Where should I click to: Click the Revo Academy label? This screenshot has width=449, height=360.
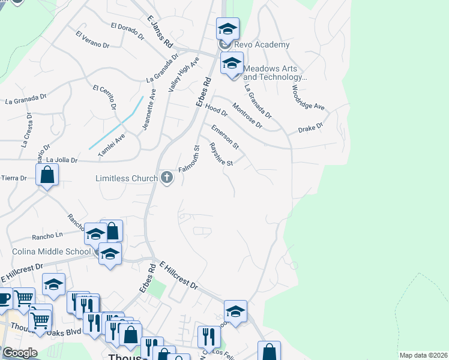pyautogui.click(x=262, y=45)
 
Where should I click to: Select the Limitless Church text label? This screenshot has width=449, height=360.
pyautogui.click(x=126, y=178)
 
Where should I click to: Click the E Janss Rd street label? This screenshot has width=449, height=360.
pyautogui.click(x=160, y=33)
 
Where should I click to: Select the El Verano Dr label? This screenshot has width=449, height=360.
pyautogui.click(x=92, y=40)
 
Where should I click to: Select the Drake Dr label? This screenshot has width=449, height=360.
pyautogui.click(x=310, y=127)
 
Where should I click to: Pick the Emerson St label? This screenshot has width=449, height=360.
pyautogui.click(x=225, y=137)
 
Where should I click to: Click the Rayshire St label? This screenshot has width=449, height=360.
pyautogui.click(x=220, y=154)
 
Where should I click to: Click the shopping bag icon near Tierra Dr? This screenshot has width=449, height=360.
pyautogui.click(x=47, y=176)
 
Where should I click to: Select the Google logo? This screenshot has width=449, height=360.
pyautogui.click(x=20, y=353)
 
